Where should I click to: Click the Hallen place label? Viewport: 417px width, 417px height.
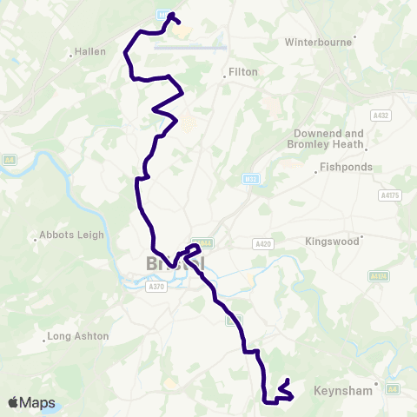90,51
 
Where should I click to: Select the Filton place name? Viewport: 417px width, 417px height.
243,72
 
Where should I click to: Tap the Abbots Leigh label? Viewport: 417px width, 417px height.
71,235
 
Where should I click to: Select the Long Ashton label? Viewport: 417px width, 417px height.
78,335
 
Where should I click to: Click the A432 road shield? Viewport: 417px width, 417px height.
380,115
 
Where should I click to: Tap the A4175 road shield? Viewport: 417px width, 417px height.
390,195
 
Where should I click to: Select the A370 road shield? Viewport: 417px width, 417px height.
156,286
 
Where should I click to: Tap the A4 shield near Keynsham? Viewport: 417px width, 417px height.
392,388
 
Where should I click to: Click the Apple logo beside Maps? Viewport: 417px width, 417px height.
14,402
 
